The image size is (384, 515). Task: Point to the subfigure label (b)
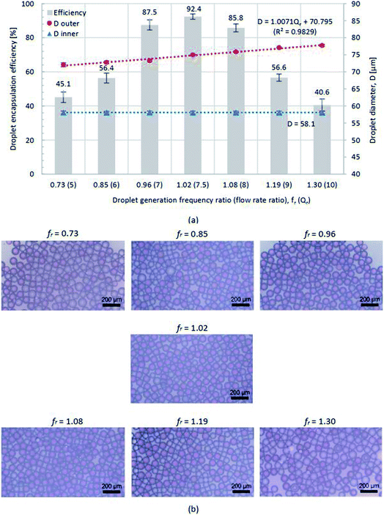pyautogui.click(x=192, y=508)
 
